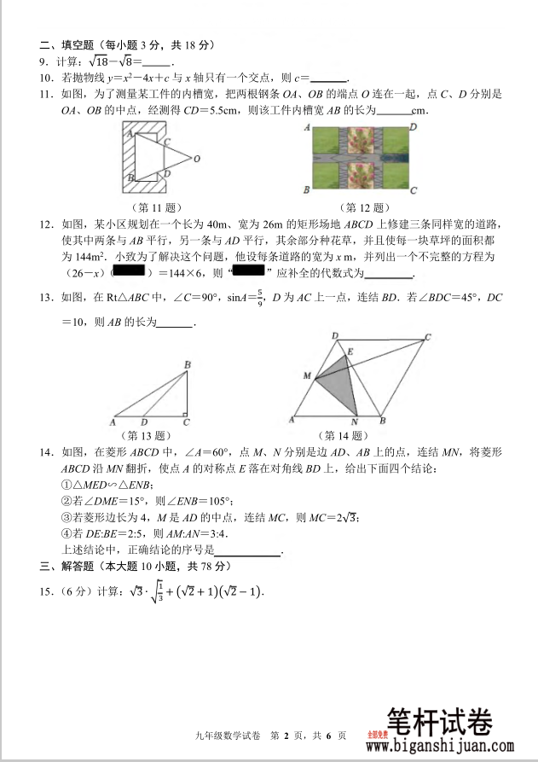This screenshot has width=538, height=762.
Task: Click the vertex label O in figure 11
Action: pos(197,159)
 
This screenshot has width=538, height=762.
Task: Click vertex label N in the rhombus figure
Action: pos(356,423)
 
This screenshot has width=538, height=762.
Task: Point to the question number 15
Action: pos(44,591)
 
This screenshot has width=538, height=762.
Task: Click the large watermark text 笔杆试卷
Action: pos(440,722)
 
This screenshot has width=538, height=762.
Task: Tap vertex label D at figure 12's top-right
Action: pos(413,126)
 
